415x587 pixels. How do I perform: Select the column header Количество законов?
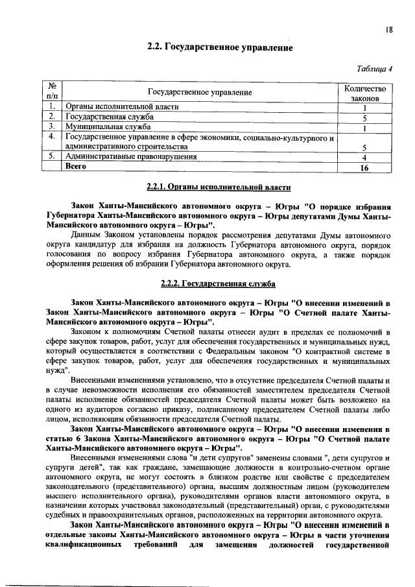point(365,93)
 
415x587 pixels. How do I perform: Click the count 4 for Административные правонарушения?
point(365,157)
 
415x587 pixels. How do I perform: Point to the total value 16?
point(365,167)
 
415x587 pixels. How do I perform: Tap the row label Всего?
point(76,167)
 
